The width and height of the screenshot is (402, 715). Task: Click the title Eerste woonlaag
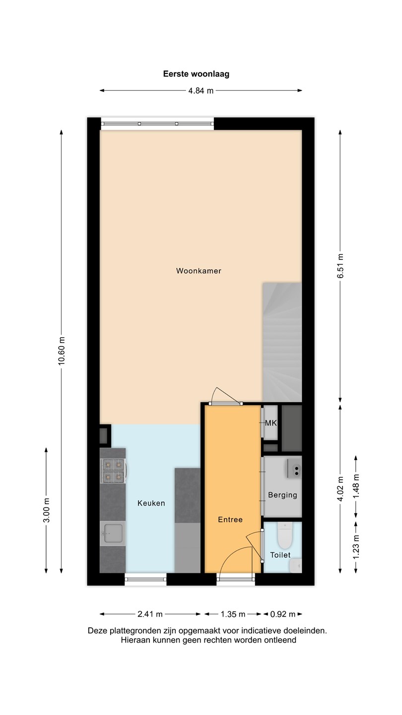(196, 74)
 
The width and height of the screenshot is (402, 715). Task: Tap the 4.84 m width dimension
(201, 91)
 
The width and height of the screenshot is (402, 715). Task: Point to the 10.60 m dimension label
(61, 350)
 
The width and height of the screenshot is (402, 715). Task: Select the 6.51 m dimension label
(340, 266)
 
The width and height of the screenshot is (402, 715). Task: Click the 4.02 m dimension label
(340, 489)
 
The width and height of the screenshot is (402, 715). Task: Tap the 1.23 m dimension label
(356, 547)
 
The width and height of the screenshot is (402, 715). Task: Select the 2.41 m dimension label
(150, 614)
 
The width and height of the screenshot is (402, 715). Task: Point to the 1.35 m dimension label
(233, 614)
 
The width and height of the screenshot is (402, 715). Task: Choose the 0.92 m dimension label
(283, 614)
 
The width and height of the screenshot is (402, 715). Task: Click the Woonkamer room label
(199, 271)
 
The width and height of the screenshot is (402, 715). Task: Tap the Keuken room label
(151, 503)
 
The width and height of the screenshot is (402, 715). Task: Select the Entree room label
(230, 519)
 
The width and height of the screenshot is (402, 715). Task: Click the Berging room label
(282, 495)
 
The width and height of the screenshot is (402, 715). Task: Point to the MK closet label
(271, 423)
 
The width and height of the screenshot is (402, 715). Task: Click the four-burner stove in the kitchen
(113, 470)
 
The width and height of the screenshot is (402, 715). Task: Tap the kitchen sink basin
(113, 533)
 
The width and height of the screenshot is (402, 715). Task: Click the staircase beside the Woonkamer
(282, 342)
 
